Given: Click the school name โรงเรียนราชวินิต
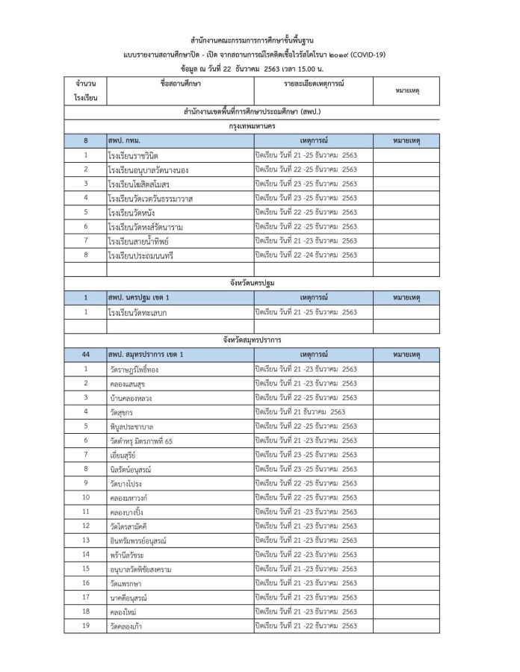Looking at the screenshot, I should [134, 155].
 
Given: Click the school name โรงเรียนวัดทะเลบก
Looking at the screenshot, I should [137, 312].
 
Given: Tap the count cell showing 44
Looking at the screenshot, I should [86, 354].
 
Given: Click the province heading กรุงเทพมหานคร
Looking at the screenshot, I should [259, 125].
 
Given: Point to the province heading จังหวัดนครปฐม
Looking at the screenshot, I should [259, 283].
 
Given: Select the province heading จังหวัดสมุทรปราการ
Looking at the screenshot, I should [259, 340].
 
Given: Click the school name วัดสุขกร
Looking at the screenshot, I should [120, 411].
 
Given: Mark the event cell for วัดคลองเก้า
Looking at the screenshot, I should [306, 625].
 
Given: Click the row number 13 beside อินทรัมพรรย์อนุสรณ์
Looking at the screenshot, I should [86, 540].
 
